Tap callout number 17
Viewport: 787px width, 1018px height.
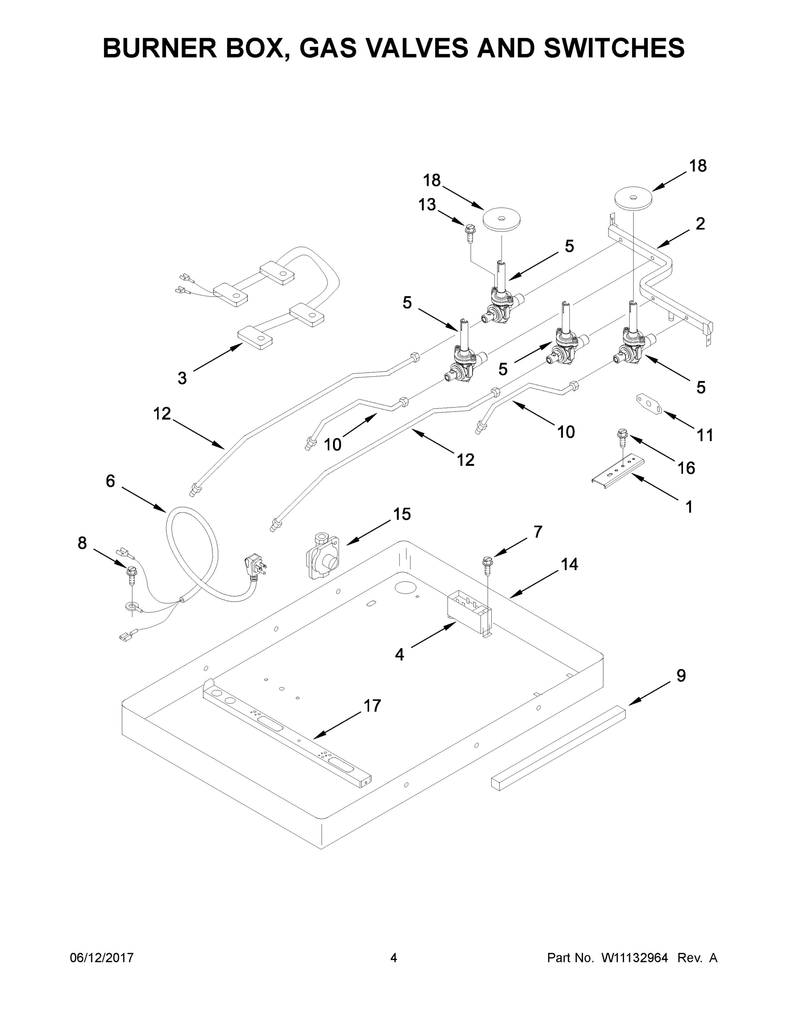click(x=372, y=706)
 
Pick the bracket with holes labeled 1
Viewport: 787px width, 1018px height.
click(x=618, y=472)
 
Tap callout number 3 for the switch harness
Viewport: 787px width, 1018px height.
click(x=182, y=378)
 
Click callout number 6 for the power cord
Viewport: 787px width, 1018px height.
click(x=110, y=481)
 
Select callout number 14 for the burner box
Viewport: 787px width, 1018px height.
click(x=569, y=565)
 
